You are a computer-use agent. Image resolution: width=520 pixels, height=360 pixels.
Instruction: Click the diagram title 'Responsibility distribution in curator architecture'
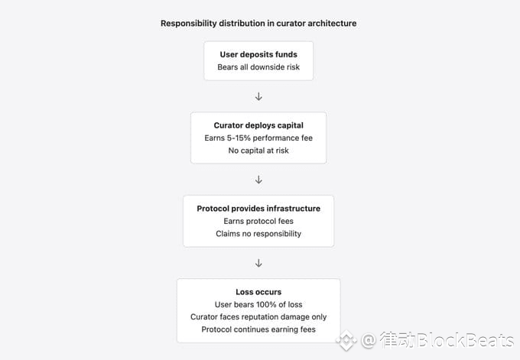pyautogui.click(x=258, y=23)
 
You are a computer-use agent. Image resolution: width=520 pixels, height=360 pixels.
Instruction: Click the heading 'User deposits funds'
pyautogui.click(x=258, y=55)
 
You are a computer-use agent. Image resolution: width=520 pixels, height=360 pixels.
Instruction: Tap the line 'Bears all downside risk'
pyautogui.click(x=258, y=67)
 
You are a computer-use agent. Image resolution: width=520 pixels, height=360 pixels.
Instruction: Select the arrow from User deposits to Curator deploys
pyautogui.click(x=258, y=97)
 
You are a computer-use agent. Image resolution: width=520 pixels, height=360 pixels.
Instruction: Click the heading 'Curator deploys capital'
pyautogui.click(x=258, y=125)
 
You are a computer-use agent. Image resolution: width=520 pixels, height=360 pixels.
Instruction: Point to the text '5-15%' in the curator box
pyautogui.click(x=239, y=138)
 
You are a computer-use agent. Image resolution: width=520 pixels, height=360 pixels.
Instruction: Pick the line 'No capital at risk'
pyautogui.click(x=258, y=151)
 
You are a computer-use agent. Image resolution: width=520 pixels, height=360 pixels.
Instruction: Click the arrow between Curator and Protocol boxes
pyautogui.click(x=258, y=180)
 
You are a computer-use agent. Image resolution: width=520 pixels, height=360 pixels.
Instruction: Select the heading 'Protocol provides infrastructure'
pyautogui.click(x=258, y=209)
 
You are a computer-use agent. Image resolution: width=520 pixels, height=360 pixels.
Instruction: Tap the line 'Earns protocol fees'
pyautogui.click(x=258, y=221)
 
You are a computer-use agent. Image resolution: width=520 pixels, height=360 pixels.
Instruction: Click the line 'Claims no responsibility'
pyautogui.click(x=258, y=234)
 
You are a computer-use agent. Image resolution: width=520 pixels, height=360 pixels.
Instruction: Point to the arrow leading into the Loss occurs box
pyautogui.click(x=258, y=263)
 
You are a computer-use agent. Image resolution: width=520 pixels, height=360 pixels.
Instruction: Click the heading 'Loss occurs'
pyautogui.click(x=258, y=292)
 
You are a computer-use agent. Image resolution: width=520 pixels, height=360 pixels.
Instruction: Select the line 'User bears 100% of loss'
pyautogui.click(x=258, y=304)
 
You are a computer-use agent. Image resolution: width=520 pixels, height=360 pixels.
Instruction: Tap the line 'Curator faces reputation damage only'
pyautogui.click(x=258, y=317)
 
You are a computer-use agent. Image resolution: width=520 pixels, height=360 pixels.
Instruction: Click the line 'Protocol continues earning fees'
pyautogui.click(x=258, y=329)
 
